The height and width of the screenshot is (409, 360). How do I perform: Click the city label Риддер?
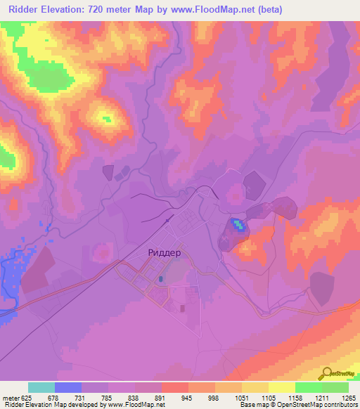[165, 252]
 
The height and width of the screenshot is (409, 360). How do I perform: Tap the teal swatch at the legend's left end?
[41, 387]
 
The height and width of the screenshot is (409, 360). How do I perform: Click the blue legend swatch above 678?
[68, 387]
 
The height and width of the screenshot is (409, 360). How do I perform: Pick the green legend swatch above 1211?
[308, 387]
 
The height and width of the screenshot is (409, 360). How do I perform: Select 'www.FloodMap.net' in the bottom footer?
[138, 405]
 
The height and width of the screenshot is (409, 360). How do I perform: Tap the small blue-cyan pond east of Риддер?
[239, 225]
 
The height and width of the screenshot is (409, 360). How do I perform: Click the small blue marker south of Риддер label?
[161, 279]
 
